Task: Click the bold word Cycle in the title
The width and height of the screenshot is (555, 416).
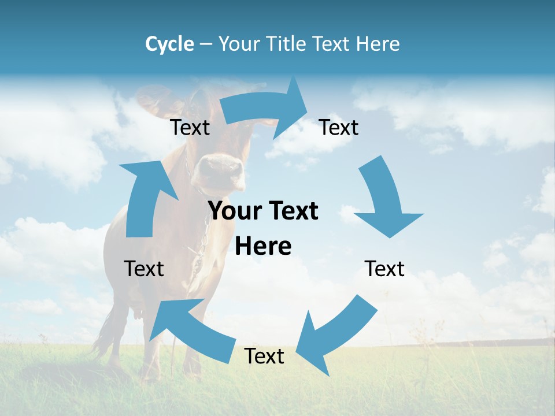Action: pos(169,44)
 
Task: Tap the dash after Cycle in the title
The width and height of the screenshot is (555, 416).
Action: pos(206,44)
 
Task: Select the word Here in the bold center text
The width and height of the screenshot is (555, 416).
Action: pos(263,247)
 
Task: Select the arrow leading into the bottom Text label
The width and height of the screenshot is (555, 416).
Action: pos(335,335)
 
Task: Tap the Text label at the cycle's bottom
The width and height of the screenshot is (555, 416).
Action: pos(264,356)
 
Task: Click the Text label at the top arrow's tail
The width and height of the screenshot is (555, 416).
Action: pos(190,128)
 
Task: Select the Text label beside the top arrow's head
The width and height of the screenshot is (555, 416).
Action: pos(339,128)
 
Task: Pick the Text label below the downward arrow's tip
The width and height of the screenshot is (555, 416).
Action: pos(384,269)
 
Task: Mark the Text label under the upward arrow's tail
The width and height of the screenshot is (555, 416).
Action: pos(144,269)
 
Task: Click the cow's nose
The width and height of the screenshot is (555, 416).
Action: pos(220,169)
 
